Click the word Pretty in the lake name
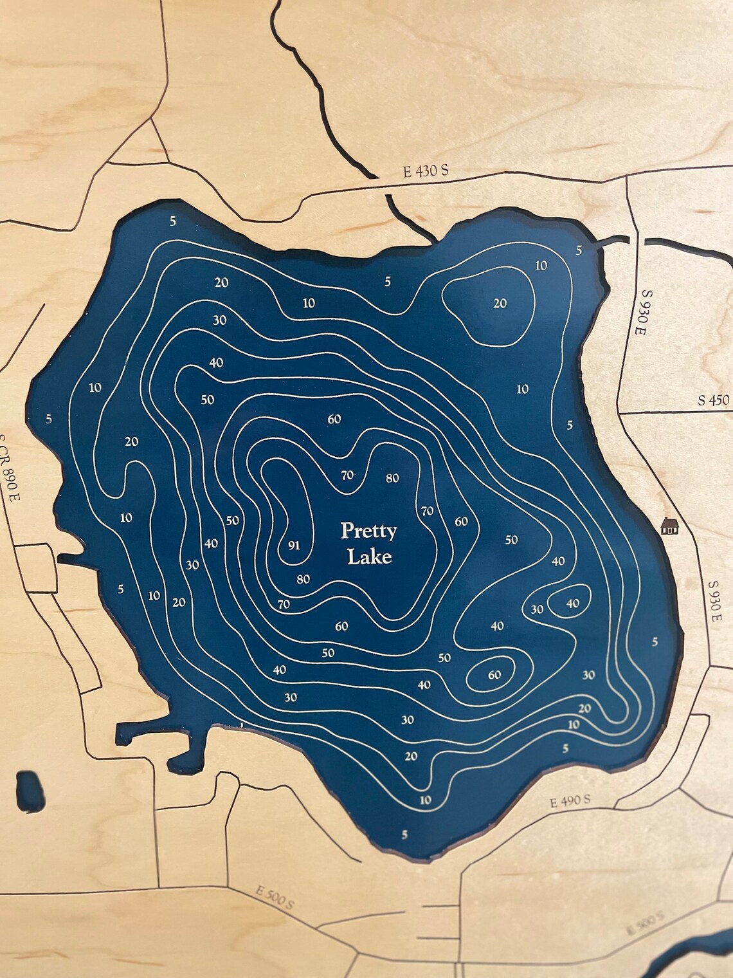point(368,532)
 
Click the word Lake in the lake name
point(369,557)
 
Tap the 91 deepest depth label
point(294,546)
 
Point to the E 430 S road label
point(425,171)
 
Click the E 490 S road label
point(570,801)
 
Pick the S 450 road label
point(714,400)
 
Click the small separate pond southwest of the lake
point(30,791)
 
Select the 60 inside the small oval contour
point(494,675)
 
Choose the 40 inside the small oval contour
point(572,603)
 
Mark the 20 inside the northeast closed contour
point(500,303)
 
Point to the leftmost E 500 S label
point(275,898)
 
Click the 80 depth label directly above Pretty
point(392,478)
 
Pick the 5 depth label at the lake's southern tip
point(404,835)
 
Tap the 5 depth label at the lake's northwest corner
point(172,222)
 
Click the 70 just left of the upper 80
point(347,475)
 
